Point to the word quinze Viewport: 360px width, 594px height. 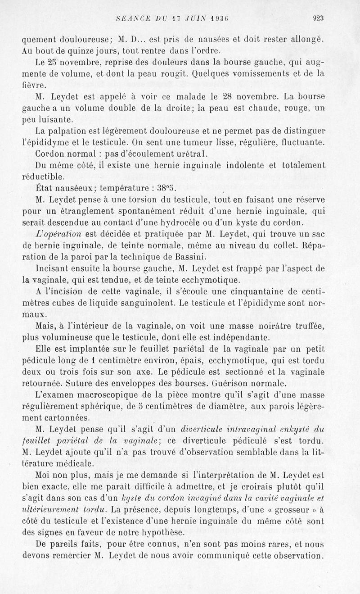pyautogui.click(x=81, y=50)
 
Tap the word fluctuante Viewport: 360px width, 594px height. pyautogui.click(x=302, y=142)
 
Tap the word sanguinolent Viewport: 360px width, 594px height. pyautogui.click(x=175, y=303)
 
